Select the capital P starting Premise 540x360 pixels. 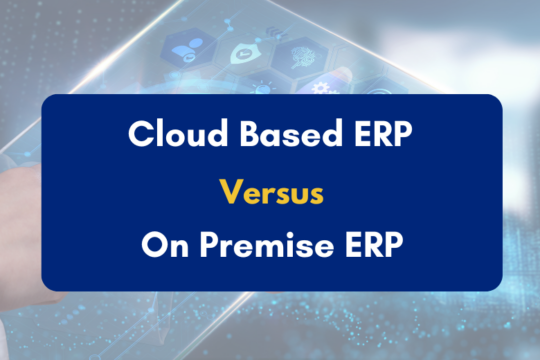[x=203, y=245]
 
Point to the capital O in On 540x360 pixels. [x=151, y=245]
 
